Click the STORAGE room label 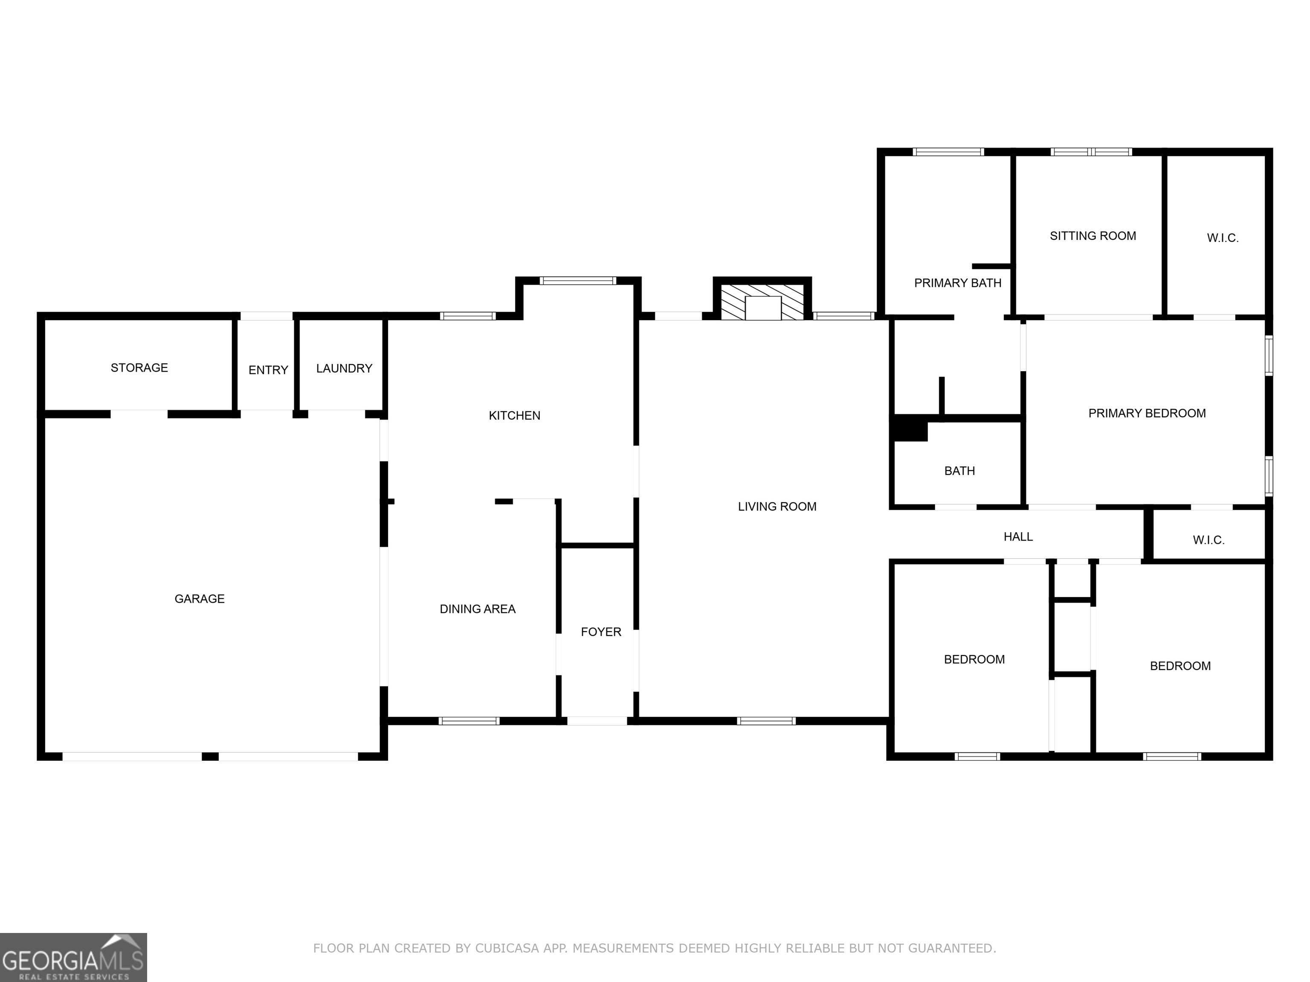(x=139, y=367)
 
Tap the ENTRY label (x=268, y=370)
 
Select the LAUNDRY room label (x=344, y=368)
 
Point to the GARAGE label (x=200, y=598)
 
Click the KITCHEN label (x=514, y=416)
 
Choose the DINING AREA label (x=477, y=609)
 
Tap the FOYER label (x=600, y=632)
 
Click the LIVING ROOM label (x=777, y=506)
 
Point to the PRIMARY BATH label (x=958, y=283)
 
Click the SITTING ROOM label (x=1093, y=236)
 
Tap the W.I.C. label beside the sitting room (x=1222, y=238)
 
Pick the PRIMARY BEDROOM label (x=1147, y=413)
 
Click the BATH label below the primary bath (x=959, y=471)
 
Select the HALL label (x=1018, y=536)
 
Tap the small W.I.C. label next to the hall (x=1208, y=540)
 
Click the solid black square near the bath (x=910, y=428)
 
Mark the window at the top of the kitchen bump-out (x=577, y=280)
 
